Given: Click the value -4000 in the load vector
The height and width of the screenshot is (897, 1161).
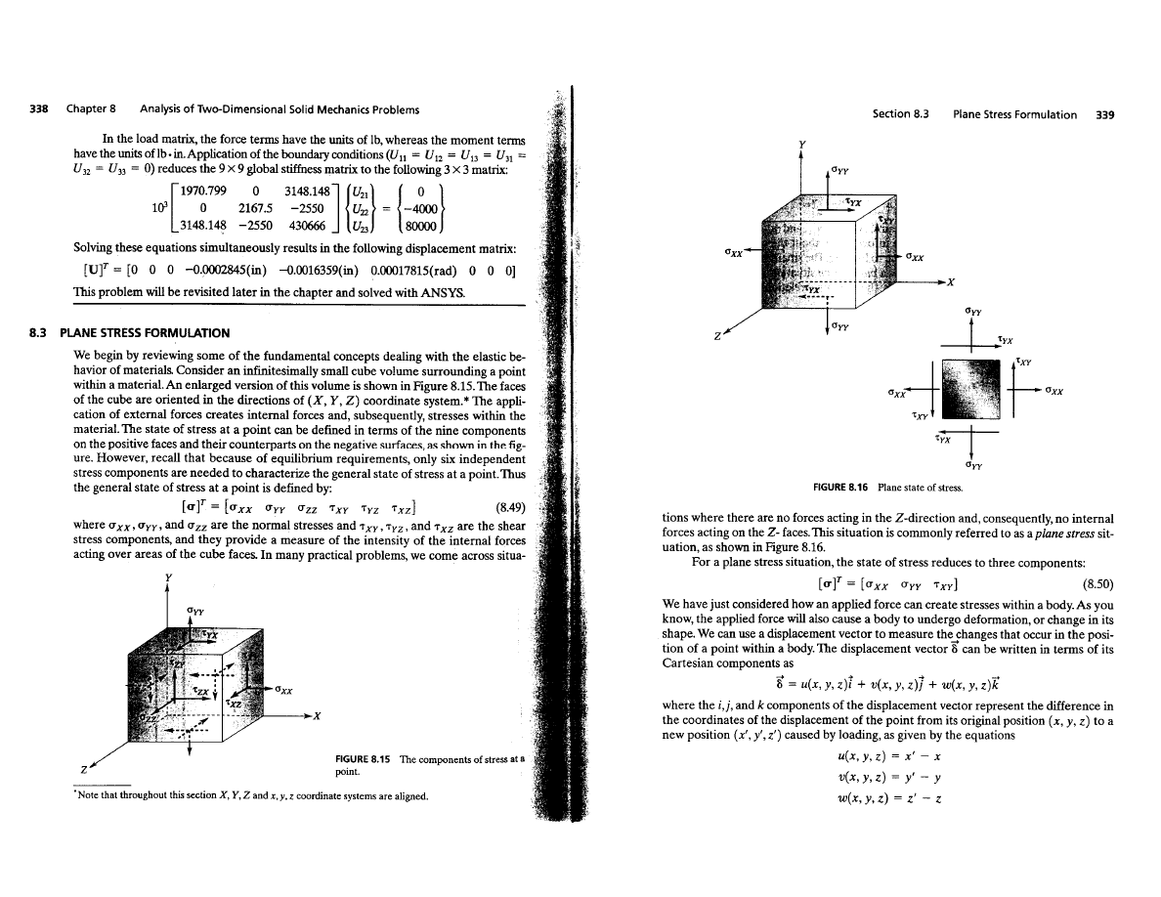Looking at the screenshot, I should (420, 201).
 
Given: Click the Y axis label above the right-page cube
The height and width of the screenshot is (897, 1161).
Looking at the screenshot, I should (802, 148).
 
